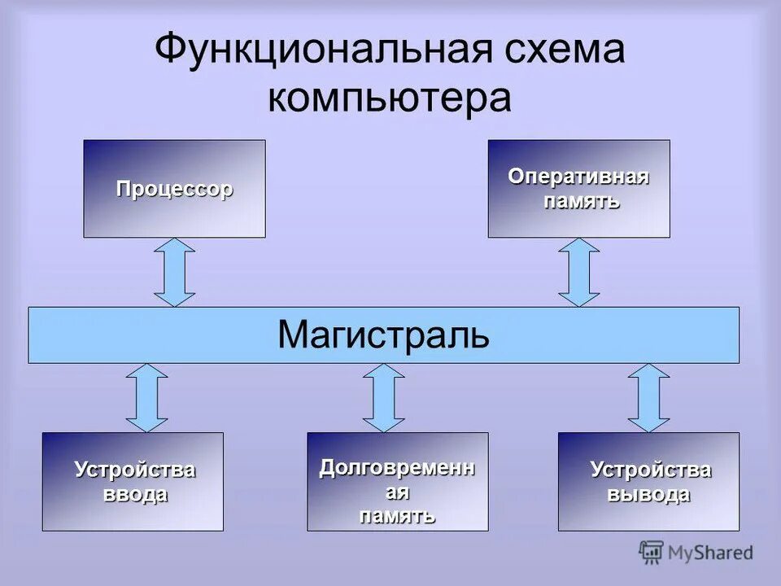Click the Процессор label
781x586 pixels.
(174, 189)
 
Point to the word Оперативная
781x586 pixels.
(578, 177)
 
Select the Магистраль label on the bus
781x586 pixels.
(383, 335)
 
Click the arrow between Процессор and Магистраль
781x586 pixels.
(175, 272)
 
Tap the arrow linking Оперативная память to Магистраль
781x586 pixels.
(579, 272)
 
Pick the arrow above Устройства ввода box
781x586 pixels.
(147, 397)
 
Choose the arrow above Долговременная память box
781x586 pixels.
(384, 397)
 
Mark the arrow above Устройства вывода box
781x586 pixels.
(648, 397)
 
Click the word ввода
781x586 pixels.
(135, 494)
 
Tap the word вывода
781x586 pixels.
(650, 494)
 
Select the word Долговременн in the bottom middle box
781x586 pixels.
(397, 468)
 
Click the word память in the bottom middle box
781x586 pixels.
(398, 515)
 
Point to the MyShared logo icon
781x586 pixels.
(651, 553)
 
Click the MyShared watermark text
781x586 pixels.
(710, 553)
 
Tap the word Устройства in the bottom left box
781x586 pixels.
(135, 470)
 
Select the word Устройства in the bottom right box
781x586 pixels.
(650, 470)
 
